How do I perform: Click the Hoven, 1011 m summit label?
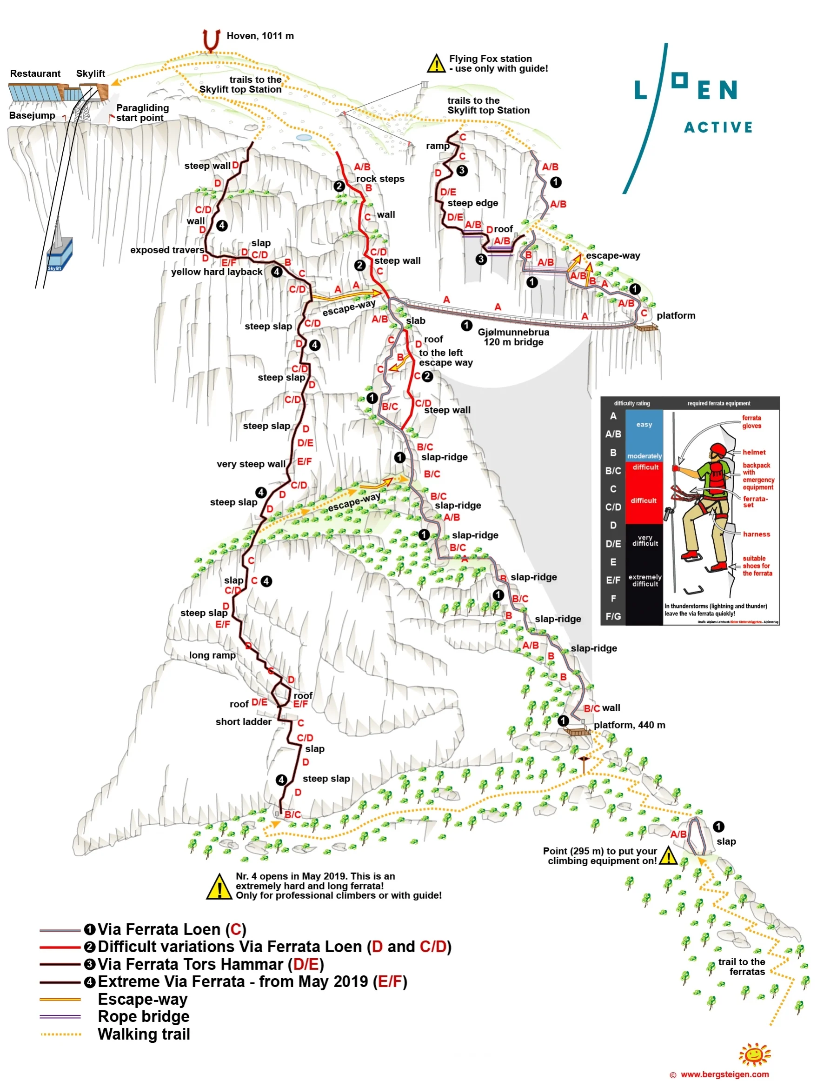click(x=260, y=36)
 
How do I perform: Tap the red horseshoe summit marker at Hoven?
click(x=211, y=40)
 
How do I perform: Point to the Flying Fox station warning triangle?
click(x=436, y=64)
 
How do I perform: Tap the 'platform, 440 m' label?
click(x=629, y=725)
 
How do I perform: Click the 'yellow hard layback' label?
click(x=217, y=272)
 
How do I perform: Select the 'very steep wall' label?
click(x=251, y=464)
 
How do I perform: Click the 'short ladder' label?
click(x=243, y=721)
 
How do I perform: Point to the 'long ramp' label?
click(x=212, y=655)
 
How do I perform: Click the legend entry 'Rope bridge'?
click(x=144, y=1017)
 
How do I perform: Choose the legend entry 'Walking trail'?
click(x=144, y=1034)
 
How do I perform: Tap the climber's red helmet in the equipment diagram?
click(x=717, y=450)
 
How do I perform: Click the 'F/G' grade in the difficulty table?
click(x=613, y=616)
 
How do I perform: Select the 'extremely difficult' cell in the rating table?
click(x=644, y=580)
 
